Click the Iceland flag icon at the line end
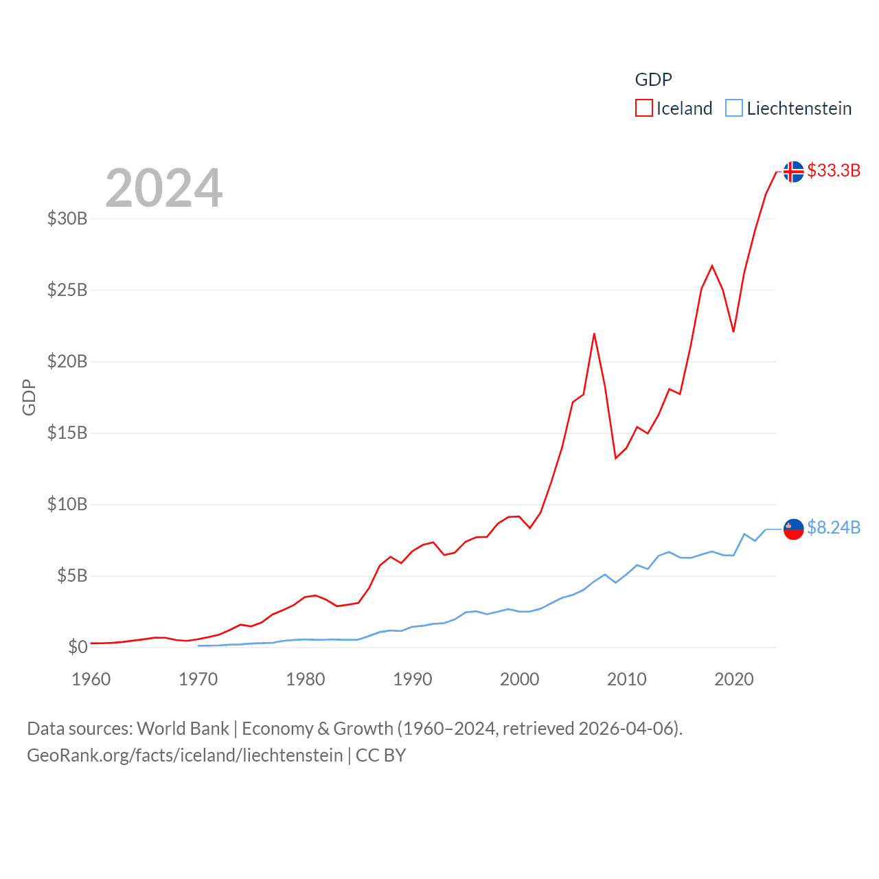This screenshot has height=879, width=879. (x=793, y=172)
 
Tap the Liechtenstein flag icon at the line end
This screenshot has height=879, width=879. (x=793, y=529)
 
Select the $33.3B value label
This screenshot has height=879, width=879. (x=834, y=170)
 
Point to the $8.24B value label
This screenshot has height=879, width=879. (x=834, y=527)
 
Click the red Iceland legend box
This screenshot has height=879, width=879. (x=643, y=109)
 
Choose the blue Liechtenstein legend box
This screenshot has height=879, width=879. (x=734, y=109)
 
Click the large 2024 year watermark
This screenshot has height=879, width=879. (x=164, y=188)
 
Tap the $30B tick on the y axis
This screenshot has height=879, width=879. (x=67, y=218)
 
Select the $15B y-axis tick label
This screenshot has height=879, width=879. (x=67, y=433)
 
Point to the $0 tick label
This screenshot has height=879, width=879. (x=78, y=647)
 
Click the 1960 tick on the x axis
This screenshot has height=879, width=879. (x=91, y=679)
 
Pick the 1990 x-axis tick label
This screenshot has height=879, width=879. (x=413, y=679)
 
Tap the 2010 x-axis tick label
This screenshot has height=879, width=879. (x=627, y=679)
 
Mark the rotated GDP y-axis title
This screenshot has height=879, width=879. (x=29, y=397)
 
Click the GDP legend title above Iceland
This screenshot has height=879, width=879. (x=653, y=80)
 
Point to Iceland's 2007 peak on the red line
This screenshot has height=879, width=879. (x=594, y=334)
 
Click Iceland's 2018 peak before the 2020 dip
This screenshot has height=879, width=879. (x=712, y=266)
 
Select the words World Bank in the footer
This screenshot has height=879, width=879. (x=183, y=729)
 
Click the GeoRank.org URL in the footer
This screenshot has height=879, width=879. (x=185, y=755)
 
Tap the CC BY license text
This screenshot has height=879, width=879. (x=380, y=755)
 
